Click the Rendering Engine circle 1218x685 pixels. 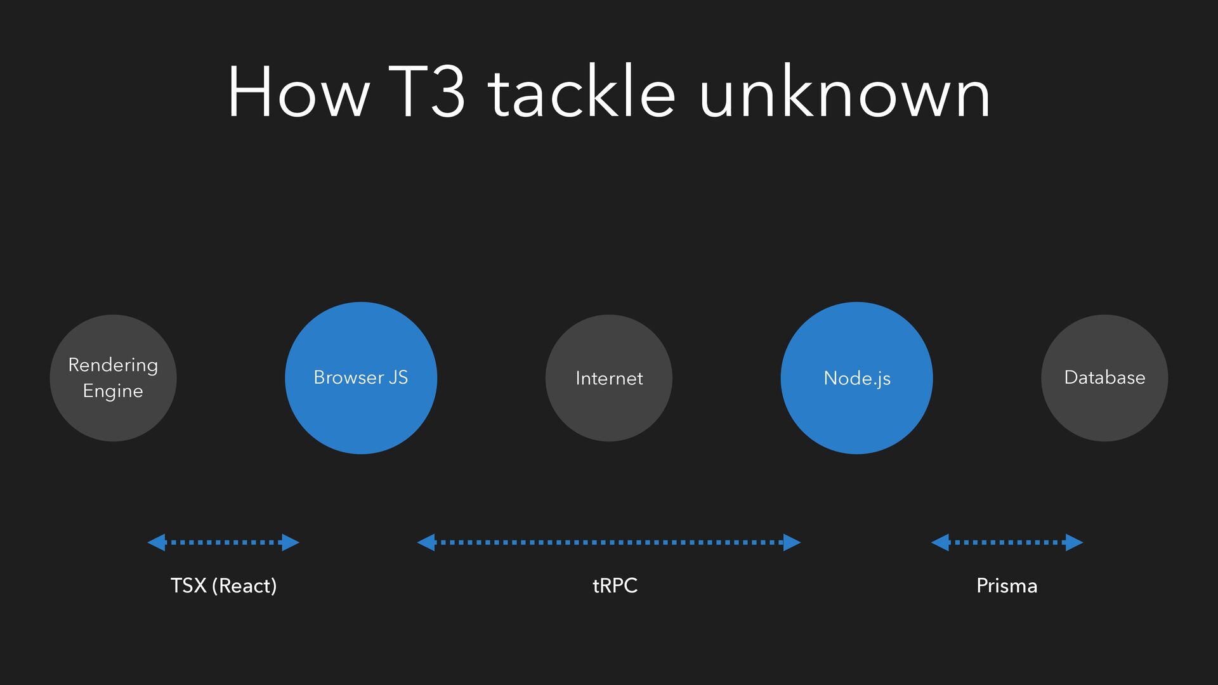[113, 378]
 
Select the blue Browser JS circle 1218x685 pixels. [361, 378]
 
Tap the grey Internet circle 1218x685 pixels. [609, 378]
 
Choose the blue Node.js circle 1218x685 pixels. [857, 378]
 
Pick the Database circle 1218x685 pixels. [1104, 378]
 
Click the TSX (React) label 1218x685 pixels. [223, 585]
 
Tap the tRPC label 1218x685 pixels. [615, 585]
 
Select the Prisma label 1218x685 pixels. [1007, 585]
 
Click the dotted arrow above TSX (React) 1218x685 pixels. [223, 542]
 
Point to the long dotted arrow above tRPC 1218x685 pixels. [609, 542]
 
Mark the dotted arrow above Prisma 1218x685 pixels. [1007, 542]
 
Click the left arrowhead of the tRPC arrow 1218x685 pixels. [426, 542]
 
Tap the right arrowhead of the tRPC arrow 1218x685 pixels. [792, 542]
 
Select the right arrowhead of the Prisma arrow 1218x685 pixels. [1074, 542]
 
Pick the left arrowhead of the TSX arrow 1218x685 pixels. [157, 542]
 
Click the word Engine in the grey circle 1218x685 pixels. [113, 391]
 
